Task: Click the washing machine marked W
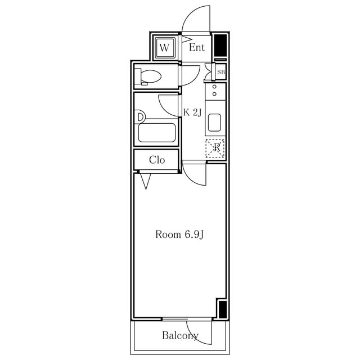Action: click(x=164, y=48)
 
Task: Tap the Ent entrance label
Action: click(x=197, y=47)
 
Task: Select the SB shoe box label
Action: click(x=221, y=72)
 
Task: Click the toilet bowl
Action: click(x=150, y=76)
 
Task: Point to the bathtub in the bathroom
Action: click(x=157, y=133)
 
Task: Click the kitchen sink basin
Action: click(x=214, y=123)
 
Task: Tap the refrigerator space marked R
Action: click(x=215, y=148)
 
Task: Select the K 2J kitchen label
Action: click(x=192, y=112)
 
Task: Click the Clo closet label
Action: click(x=157, y=160)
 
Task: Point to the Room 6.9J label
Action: click(x=179, y=235)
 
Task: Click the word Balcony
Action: click(x=180, y=335)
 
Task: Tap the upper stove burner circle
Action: click(x=214, y=87)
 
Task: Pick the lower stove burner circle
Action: click(x=214, y=94)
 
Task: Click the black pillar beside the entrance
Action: click(x=220, y=46)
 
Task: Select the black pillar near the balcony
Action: click(x=223, y=309)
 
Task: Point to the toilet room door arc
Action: click(x=195, y=79)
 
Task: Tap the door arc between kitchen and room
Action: click(x=193, y=179)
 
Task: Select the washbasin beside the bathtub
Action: click(x=141, y=117)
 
